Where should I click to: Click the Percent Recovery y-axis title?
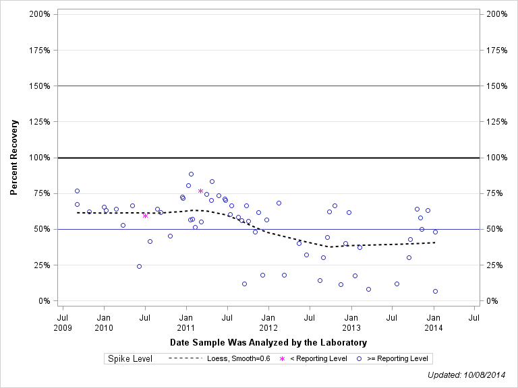click(x=13, y=158)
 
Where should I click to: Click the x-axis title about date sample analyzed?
click(x=268, y=343)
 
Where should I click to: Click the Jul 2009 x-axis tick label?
click(x=62, y=321)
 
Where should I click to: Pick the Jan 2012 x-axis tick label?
click(x=268, y=321)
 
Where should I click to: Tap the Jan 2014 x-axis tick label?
click(x=434, y=321)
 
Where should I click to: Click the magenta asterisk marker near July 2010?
click(x=145, y=216)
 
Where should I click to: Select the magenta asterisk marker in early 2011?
click(x=200, y=191)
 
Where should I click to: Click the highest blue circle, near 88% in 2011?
click(x=191, y=174)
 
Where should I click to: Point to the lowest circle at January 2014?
click(x=435, y=292)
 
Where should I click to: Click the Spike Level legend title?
click(x=130, y=359)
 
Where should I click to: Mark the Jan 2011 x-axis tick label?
click(x=185, y=321)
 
